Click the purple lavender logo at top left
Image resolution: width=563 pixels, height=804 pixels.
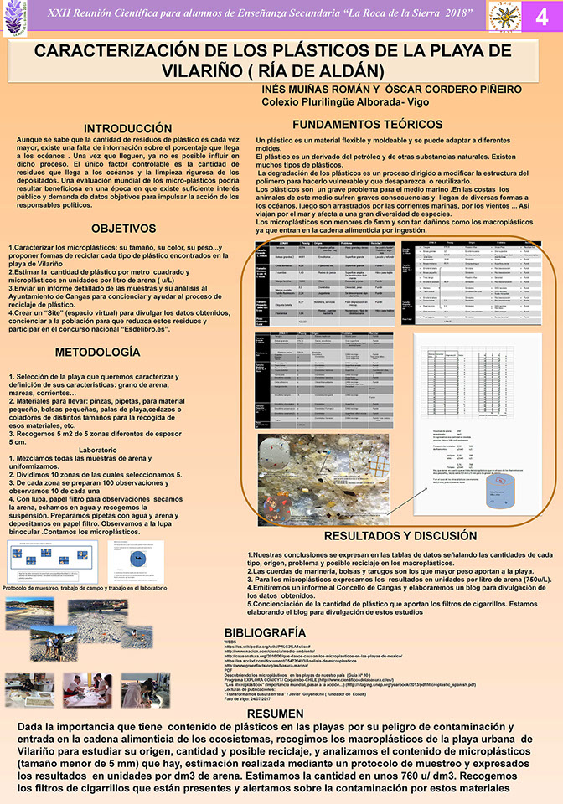(18, 19)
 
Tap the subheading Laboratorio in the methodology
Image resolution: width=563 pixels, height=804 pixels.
(96, 451)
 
